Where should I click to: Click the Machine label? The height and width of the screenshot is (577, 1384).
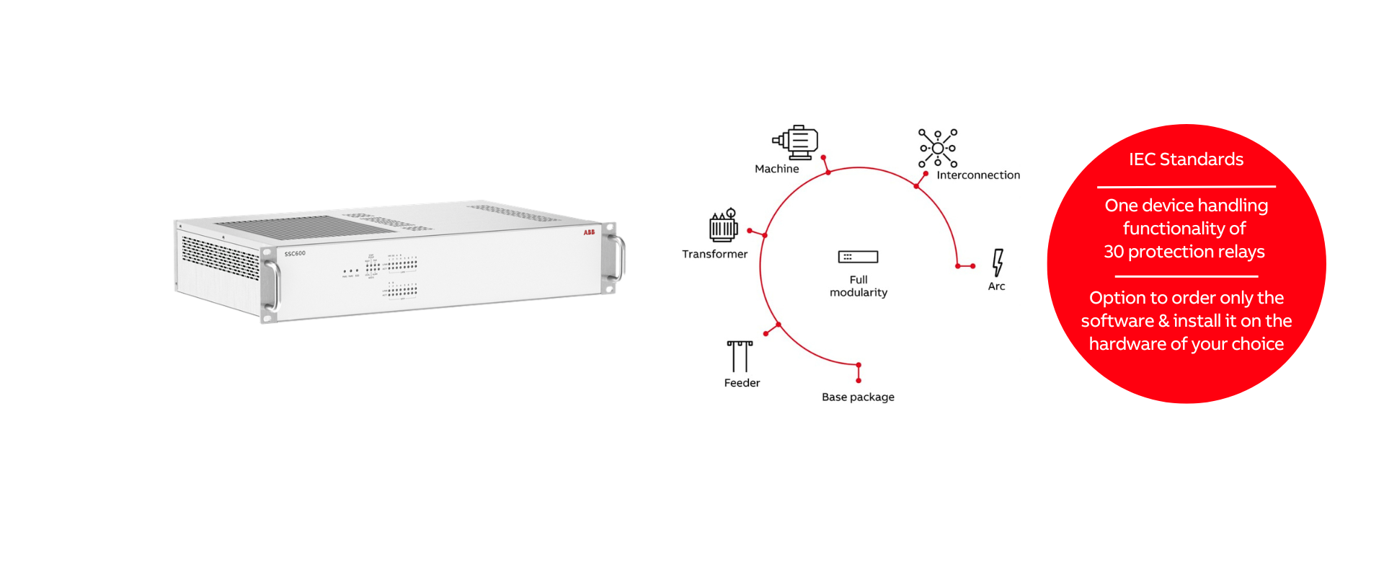(x=776, y=169)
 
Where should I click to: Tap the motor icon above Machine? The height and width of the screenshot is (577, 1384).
(x=796, y=142)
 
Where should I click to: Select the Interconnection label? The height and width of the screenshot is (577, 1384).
(x=978, y=175)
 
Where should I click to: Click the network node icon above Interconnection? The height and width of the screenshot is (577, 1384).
(x=938, y=148)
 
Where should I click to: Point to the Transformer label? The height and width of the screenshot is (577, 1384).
(x=714, y=254)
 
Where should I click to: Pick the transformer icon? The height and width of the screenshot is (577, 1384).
(x=724, y=226)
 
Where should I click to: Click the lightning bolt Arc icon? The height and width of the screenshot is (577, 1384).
(x=998, y=263)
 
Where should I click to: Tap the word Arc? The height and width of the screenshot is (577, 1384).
(x=996, y=286)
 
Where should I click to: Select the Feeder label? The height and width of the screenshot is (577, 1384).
(x=742, y=383)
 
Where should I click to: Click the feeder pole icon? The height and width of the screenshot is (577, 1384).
(x=740, y=356)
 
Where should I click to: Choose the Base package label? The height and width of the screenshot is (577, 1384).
(x=858, y=397)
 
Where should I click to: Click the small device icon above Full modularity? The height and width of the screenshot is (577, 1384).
(x=858, y=257)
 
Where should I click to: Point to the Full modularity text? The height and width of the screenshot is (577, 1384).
(x=858, y=286)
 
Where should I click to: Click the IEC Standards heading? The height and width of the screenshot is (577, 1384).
(x=1186, y=159)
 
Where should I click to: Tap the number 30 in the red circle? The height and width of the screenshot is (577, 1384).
(x=1114, y=252)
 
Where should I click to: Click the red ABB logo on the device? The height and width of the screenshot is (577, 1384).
(x=589, y=232)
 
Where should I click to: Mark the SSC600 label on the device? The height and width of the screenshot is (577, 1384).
(x=295, y=254)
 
